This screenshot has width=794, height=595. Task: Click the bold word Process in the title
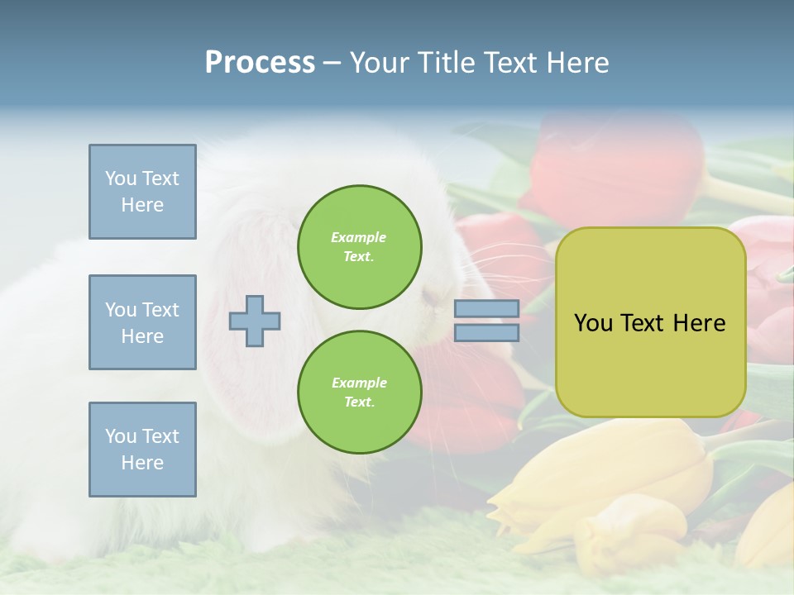[260, 63]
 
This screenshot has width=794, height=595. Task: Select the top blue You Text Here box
[142, 192]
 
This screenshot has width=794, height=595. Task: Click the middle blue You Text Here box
[142, 322]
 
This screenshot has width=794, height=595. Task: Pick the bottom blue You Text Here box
[142, 450]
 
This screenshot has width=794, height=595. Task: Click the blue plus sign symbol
[255, 321]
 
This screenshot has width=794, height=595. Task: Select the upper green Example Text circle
[359, 247]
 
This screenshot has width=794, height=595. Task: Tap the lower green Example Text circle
[359, 393]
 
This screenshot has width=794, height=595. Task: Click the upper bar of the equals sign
[487, 309]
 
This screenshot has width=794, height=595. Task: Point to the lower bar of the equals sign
[487, 333]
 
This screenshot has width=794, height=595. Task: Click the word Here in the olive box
[699, 323]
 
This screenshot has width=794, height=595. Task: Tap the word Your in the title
[379, 63]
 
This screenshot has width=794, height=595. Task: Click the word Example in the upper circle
[359, 238]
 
